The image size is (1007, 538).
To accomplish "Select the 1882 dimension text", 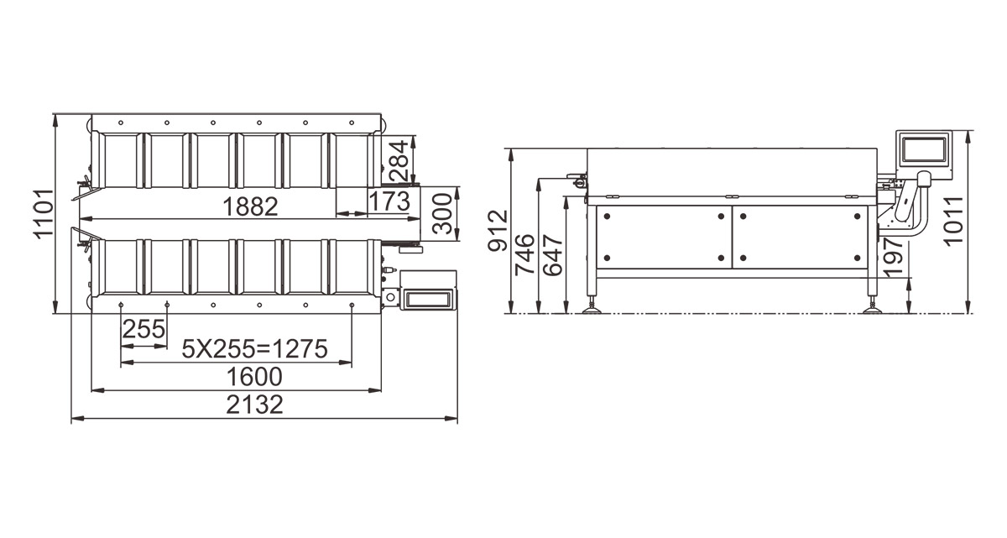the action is point(250,206).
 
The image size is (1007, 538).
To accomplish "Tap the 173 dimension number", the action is point(389,201).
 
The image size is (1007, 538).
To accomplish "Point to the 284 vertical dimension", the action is point(399,160).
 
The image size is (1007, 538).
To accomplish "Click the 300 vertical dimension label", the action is point(442,213).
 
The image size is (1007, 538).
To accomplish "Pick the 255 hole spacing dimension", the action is point(143,329).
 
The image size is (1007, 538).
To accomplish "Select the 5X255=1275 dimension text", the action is point(255,349).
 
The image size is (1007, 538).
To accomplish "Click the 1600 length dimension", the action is point(254,377).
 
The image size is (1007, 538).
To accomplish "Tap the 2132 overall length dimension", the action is point(254,404).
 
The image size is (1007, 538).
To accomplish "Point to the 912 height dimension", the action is point(498,231).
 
